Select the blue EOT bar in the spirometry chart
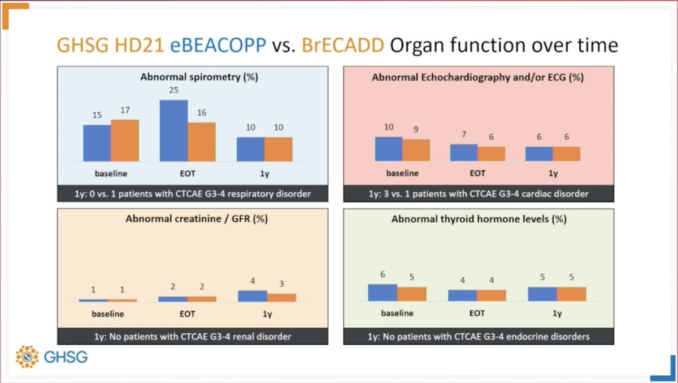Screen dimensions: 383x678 [x=174, y=131]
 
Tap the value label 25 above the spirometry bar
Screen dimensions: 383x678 [x=174, y=91]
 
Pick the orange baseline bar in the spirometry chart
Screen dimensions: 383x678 [x=125, y=140]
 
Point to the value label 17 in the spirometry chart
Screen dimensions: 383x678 [x=124, y=111]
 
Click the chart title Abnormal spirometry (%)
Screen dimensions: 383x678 [x=199, y=77]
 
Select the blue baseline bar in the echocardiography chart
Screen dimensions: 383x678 [x=389, y=149]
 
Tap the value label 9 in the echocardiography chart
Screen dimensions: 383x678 [x=416, y=129]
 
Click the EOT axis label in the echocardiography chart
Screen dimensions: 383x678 [x=477, y=173]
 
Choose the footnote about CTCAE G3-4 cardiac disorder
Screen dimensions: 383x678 [x=478, y=193]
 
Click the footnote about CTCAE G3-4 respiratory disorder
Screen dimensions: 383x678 [x=192, y=193]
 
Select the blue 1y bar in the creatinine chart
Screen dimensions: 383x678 [x=253, y=296]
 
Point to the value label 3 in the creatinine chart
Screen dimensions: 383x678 [x=281, y=283]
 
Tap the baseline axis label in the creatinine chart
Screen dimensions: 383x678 [x=107, y=313]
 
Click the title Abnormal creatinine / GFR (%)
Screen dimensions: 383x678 [x=197, y=219]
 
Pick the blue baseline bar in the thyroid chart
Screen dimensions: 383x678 [x=383, y=292]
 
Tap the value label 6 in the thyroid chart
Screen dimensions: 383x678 [x=383, y=274]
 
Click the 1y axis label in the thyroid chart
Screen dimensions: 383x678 [x=557, y=313]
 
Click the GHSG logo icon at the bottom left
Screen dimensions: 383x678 [x=27, y=356]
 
